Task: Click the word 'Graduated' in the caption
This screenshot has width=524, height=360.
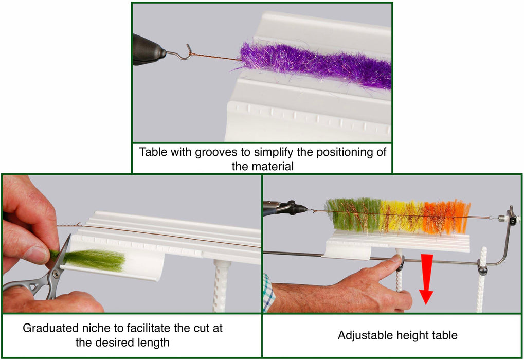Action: pos(49,328)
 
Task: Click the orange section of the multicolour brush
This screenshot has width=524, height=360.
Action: pos(446,217)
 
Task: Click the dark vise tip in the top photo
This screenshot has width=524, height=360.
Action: pos(148,50)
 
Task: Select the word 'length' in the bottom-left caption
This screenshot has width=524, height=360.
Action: pos(153,343)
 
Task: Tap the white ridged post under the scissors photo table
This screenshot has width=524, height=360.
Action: pos(221,286)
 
